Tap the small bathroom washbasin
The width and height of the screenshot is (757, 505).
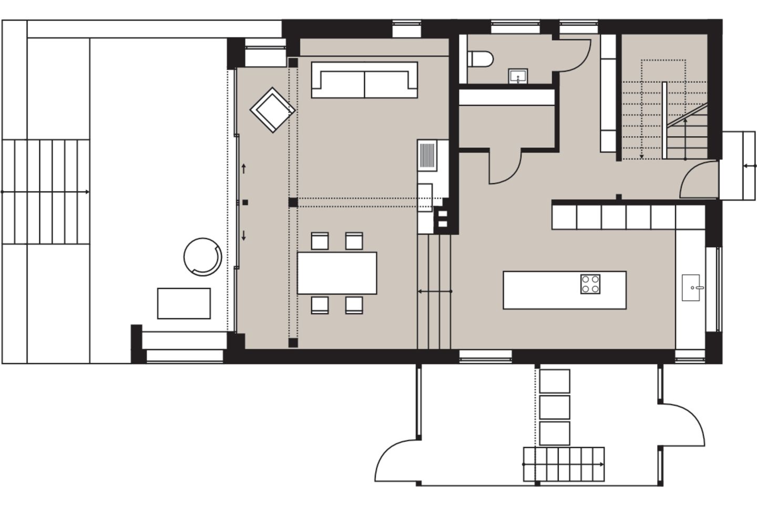pyautogui.click(x=518, y=76)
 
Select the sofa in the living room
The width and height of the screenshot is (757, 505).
pyautogui.click(x=364, y=80)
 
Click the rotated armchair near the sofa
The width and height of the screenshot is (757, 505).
pyautogui.click(x=272, y=109)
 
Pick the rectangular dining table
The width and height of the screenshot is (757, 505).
pyautogui.click(x=337, y=273)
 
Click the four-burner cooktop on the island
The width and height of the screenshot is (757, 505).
pyautogui.click(x=590, y=284)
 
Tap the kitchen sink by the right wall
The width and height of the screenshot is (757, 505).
pyautogui.click(x=694, y=287)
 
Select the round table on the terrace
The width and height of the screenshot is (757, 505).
pyautogui.click(x=202, y=257)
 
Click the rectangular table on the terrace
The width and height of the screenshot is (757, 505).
pyautogui.click(x=184, y=303)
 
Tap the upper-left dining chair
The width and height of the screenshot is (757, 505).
pyautogui.click(x=320, y=241)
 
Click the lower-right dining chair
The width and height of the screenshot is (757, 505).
pyautogui.click(x=354, y=305)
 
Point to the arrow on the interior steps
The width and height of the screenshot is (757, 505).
pyautogui.click(x=434, y=291)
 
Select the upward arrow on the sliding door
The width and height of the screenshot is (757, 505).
pyautogui.click(x=244, y=168)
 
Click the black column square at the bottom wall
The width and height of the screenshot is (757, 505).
pyautogui.click(x=293, y=343)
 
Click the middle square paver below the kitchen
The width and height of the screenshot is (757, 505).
pyautogui.click(x=555, y=407)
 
